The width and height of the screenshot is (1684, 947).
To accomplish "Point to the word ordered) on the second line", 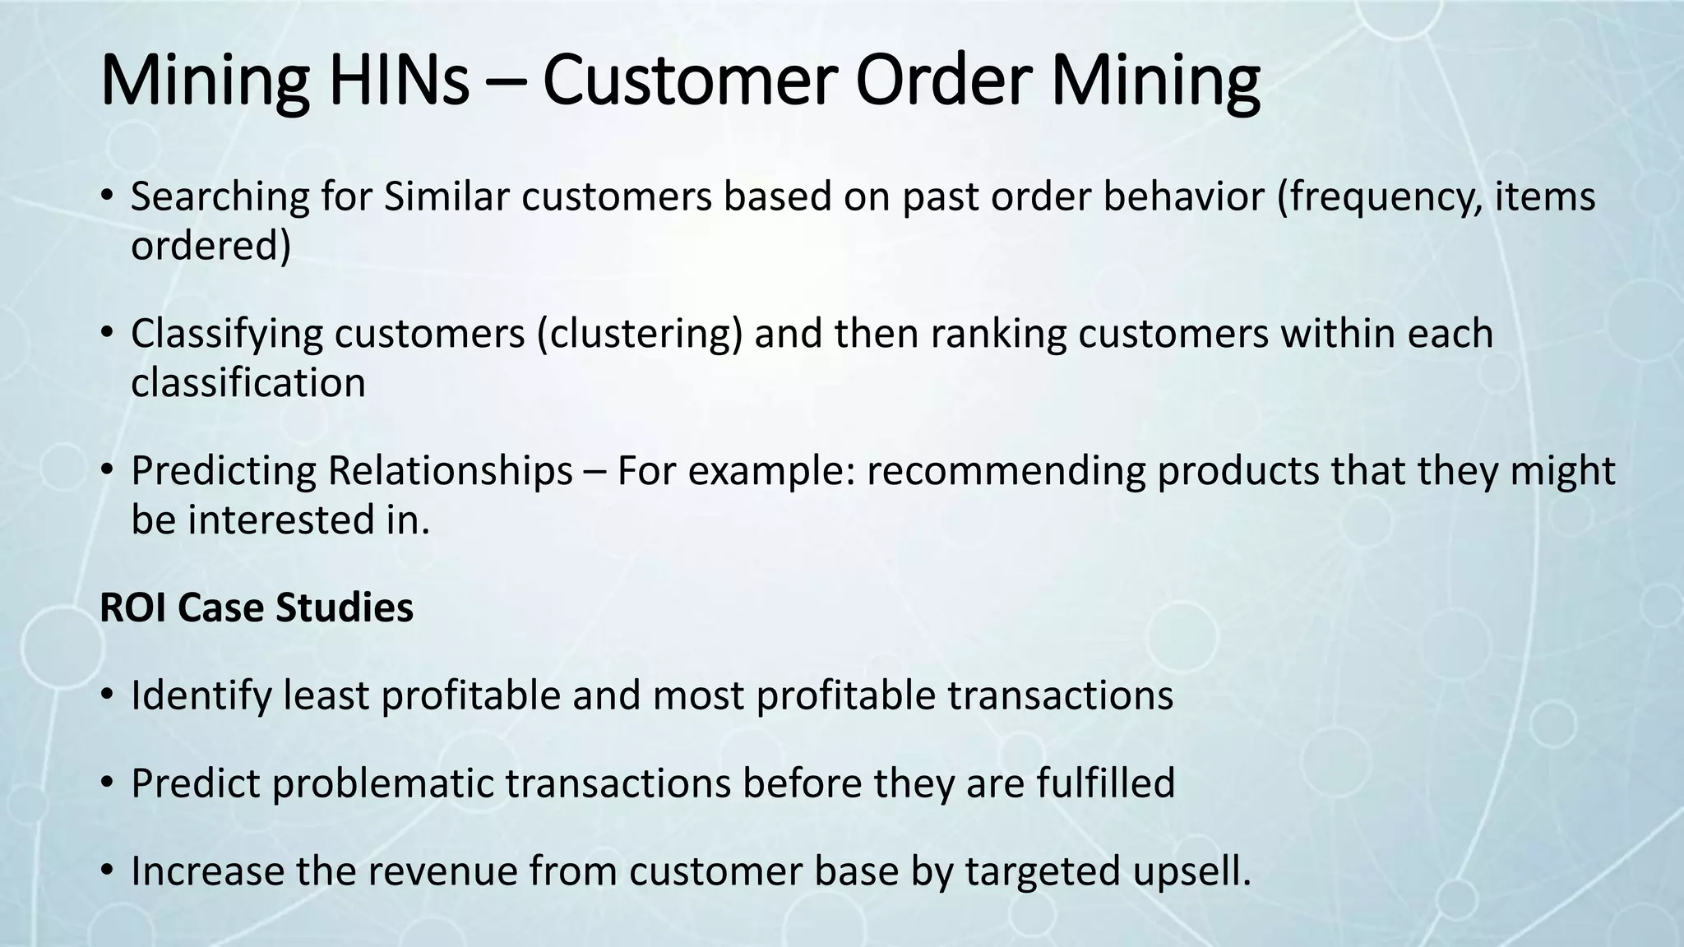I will coord(210,246).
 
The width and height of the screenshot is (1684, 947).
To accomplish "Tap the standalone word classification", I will coord(248,383).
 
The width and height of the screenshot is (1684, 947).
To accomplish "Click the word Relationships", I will coord(450,471).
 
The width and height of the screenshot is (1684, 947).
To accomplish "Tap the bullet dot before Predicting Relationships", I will coord(106,471).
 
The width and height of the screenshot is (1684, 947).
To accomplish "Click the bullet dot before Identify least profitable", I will coord(106,696).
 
